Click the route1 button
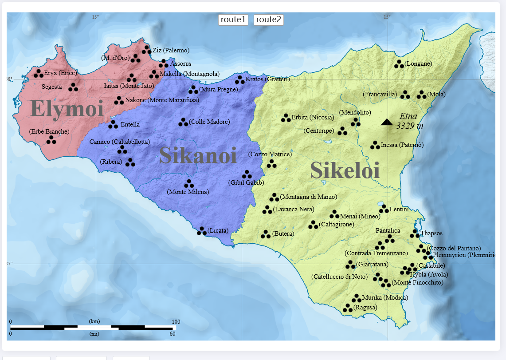click(233, 20)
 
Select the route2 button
click(268, 20)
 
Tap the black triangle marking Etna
click(387, 122)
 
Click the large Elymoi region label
click(67, 109)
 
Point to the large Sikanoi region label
click(198, 155)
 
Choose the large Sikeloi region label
click(345, 170)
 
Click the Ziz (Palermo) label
click(171, 50)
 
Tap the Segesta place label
click(51, 87)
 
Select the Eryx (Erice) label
click(60, 73)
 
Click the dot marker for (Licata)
click(202, 231)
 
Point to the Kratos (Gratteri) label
click(267, 79)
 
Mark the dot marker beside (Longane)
click(399, 64)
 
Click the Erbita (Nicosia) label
click(312, 118)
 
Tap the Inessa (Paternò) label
click(402, 145)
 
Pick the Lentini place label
click(400, 210)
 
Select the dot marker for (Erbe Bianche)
click(51, 140)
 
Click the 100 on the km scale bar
click(176, 321)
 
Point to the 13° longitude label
click(95, 17)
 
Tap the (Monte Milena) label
click(188, 192)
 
